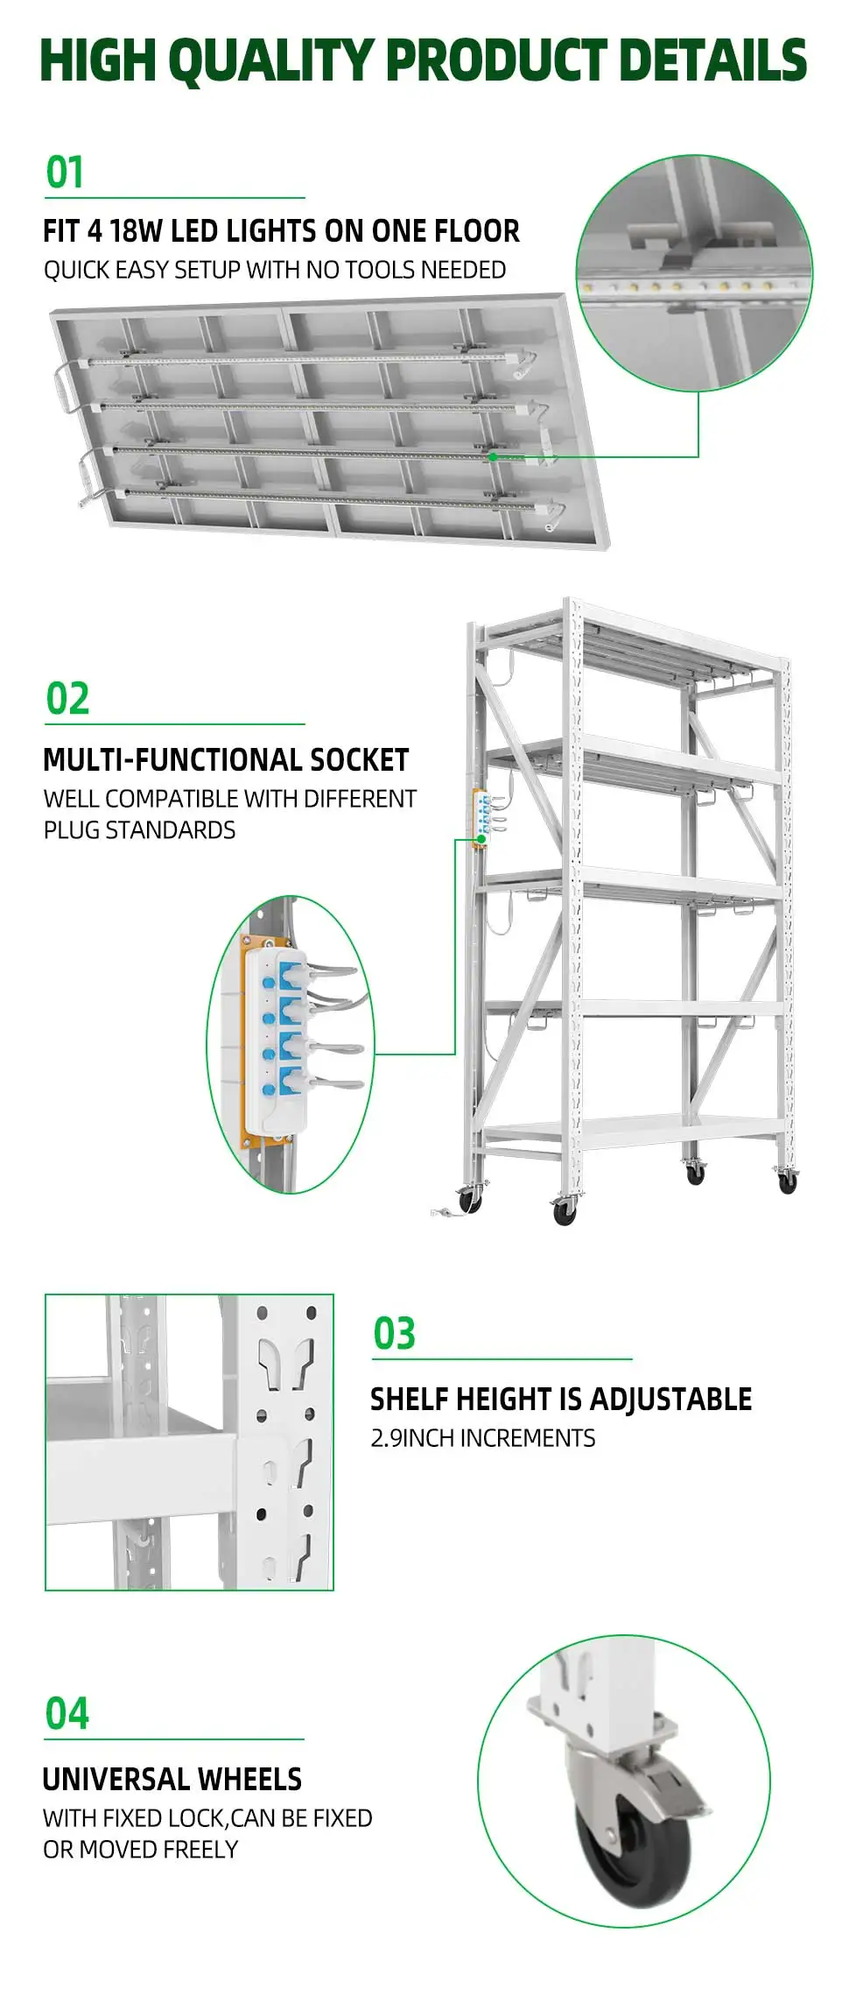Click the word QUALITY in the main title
pos(270,61)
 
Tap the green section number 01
pos(65,173)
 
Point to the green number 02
pos(67,699)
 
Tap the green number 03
pos(394,1334)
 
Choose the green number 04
pos(67,1714)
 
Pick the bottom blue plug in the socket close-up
pos(291,1077)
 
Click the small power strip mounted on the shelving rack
pos(481,817)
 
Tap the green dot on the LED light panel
pos(493,456)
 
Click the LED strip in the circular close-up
pos(691,286)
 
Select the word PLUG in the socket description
pos(72,830)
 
